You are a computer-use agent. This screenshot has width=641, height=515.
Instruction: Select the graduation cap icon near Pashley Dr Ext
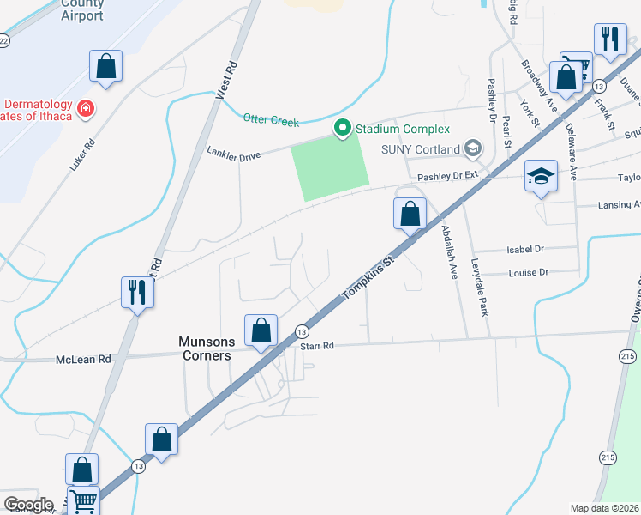[541, 177]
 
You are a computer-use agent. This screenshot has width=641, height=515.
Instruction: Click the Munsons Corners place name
[205, 348]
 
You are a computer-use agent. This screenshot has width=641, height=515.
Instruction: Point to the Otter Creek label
[271, 120]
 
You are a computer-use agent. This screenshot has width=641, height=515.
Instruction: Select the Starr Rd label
[316, 346]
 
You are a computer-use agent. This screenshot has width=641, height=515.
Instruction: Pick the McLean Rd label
[83, 359]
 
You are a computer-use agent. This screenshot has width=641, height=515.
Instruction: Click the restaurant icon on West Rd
[137, 292]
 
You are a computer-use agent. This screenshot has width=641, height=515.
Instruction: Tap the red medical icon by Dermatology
[85, 109]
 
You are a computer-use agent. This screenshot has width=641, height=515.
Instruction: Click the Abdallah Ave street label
[450, 246]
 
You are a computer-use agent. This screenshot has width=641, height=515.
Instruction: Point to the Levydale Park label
[479, 288]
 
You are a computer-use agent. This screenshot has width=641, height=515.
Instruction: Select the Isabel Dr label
[526, 249]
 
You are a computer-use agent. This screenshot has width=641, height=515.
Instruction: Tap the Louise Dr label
[528, 273]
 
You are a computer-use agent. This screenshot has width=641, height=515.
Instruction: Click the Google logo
[28, 505]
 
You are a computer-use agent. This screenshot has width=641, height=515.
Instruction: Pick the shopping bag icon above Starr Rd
[261, 330]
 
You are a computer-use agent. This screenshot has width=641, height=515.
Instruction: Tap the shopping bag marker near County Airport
[106, 66]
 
